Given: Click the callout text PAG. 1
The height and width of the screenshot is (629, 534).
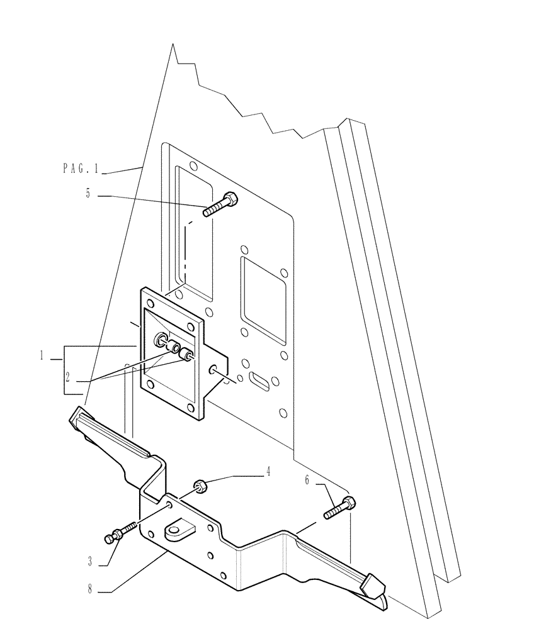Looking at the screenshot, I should click(x=81, y=168).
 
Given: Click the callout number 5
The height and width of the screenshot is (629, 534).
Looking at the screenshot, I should click(x=88, y=194).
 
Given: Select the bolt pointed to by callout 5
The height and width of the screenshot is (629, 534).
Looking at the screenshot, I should click(x=220, y=205).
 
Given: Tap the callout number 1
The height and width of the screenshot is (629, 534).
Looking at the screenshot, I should click(x=42, y=357).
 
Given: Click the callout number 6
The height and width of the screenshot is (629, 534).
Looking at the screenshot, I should click(x=307, y=480).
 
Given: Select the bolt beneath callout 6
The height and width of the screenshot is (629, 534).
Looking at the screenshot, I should click(x=339, y=508).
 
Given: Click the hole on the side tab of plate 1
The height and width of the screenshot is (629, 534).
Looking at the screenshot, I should click(x=214, y=369).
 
